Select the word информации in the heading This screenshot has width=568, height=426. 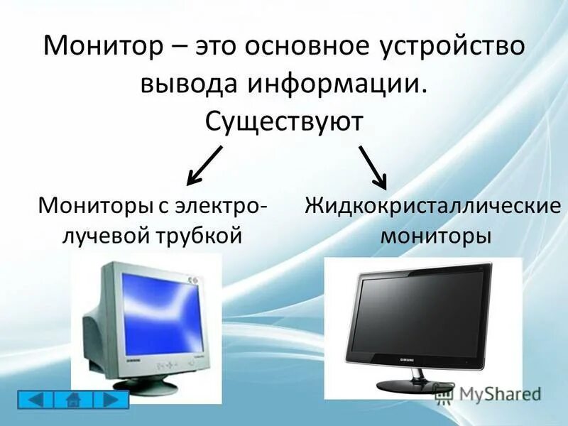pyautogui.click(x=337, y=84)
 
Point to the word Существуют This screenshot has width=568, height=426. pyautogui.click(x=284, y=121)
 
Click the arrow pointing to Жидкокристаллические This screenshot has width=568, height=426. pyautogui.click(x=372, y=166)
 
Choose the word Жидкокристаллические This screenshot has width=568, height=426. pyautogui.click(x=433, y=207)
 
